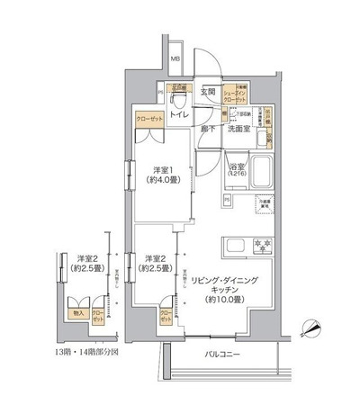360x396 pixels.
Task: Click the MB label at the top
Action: [176, 59]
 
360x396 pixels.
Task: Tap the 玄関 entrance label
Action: [207, 92]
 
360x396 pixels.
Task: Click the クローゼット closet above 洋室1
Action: [149, 118]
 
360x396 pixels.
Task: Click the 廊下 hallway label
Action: [206, 130]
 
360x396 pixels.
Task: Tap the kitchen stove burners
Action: [264, 246]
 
